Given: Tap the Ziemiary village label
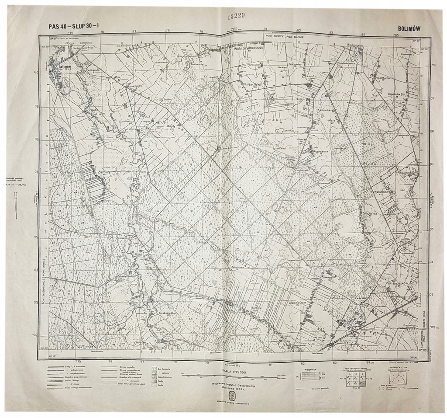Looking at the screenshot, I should click(x=107, y=172).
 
